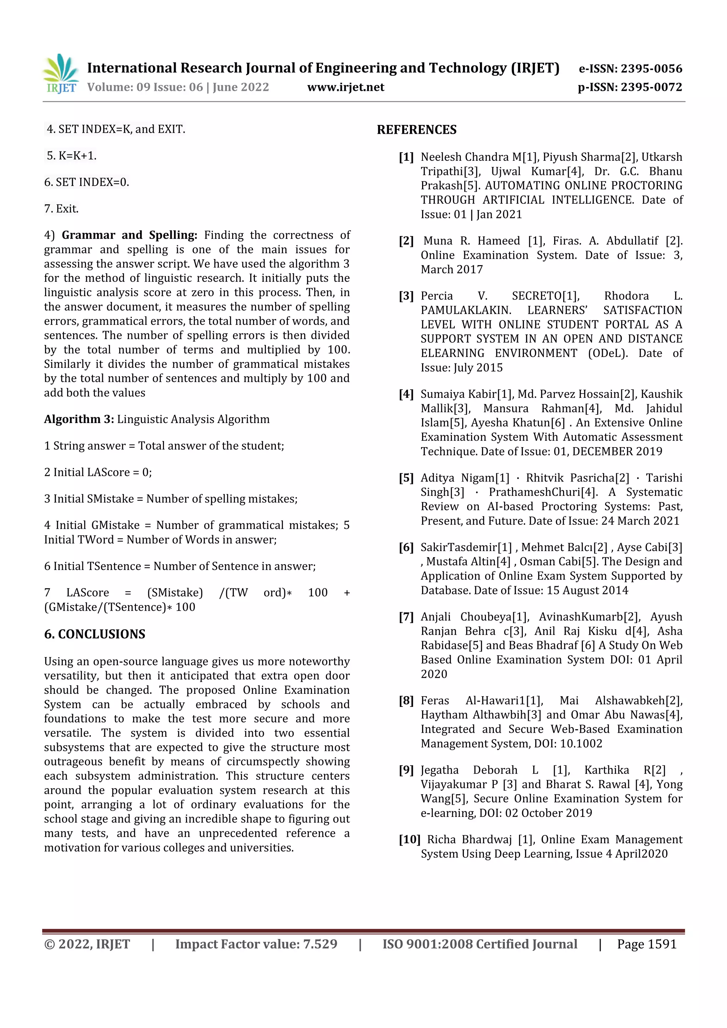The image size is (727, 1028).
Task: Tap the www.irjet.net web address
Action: (345, 87)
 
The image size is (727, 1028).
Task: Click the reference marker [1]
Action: (406, 157)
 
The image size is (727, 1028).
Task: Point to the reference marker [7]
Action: (406, 617)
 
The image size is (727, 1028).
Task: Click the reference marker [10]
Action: (409, 840)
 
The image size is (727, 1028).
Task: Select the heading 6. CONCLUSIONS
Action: (94, 634)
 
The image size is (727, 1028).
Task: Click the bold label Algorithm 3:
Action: (79, 419)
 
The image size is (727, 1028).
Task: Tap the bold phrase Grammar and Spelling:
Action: (129, 236)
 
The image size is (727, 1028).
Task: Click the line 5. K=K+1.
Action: (72, 156)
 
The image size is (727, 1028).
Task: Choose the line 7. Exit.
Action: (61, 209)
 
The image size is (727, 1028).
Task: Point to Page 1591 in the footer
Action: (646, 944)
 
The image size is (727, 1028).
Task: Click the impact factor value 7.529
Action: (320, 944)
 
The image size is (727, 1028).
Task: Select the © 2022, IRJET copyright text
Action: (87, 944)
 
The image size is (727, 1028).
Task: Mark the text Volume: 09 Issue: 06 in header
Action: (145, 87)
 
